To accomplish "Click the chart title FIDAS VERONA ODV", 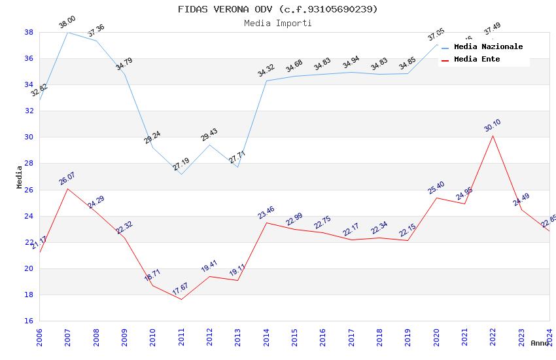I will point(277,9).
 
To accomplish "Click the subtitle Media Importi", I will point(277,23).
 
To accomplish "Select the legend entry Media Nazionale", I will point(488,46).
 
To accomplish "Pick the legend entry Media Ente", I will point(477,59).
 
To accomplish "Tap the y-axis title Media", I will point(19,177).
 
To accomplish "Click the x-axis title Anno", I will point(540,343).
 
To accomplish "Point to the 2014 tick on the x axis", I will point(266,338).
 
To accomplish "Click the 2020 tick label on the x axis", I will point(436,338).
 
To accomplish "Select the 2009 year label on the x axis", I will point(124,338).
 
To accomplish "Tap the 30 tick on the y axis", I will point(29,137).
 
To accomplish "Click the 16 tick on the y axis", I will point(29,321).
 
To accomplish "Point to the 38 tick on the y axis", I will point(29,32).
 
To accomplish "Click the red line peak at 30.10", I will point(493,135).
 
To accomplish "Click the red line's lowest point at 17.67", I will point(181,299).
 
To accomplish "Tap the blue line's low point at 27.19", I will point(181,174).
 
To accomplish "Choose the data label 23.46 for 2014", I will point(266,213).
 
